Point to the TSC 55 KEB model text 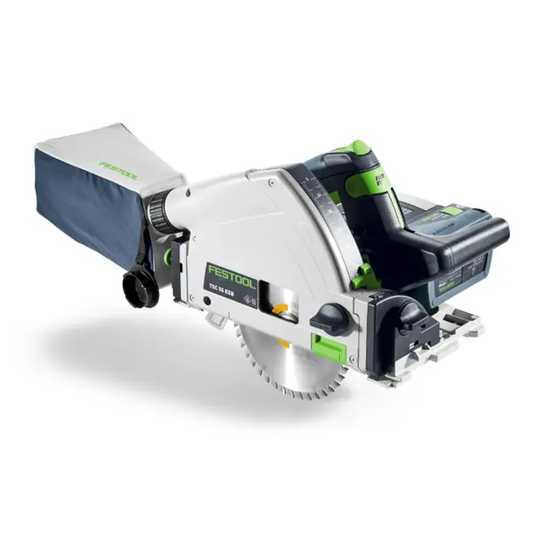[x=224, y=288]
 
